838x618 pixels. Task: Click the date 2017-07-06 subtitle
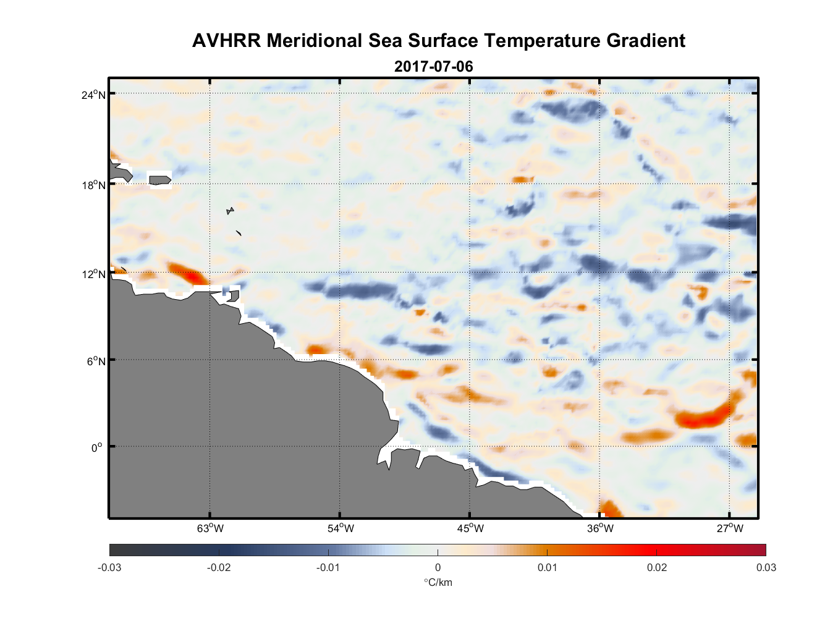(x=434, y=66)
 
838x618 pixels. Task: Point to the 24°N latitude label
(x=93, y=95)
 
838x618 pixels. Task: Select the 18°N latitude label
(x=93, y=185)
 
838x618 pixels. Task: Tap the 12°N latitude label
(x=93, y=274)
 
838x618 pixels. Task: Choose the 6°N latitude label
(x=96, y=361)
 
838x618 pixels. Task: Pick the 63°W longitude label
(x=211, y=528)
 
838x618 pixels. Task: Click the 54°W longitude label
(x=341, y=528)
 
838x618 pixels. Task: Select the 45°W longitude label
(x=470, y=528)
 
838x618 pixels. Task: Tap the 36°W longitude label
(x=600, y=528)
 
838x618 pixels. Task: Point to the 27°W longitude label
(x=730, y=528)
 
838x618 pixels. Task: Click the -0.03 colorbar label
(x=109, y=567)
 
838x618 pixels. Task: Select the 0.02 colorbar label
(x=656, y=567)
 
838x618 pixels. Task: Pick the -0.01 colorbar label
(x=328, y=567)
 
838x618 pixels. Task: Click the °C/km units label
(x=438, y=582)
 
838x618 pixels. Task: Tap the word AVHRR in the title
(x=226, y=41)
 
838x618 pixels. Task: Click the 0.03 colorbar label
(x=766, y=567)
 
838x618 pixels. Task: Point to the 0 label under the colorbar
(x=438, y=567)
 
